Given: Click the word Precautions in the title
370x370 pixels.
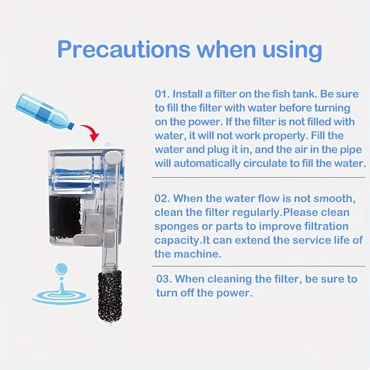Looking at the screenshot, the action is [x=123, y=49].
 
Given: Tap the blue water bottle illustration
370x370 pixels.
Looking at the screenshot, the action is [x=44, y=111].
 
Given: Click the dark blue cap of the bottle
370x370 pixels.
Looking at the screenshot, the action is [x=71, y=126].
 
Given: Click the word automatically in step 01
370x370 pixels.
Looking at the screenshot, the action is [x=207, y=164].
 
